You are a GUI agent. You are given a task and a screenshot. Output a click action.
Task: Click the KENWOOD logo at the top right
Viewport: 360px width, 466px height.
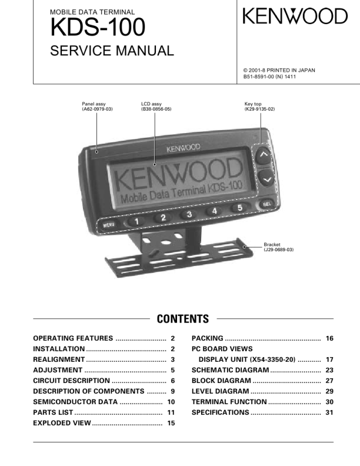tap(295, 17)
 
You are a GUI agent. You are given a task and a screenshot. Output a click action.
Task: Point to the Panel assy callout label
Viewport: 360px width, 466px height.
tap(97, 106)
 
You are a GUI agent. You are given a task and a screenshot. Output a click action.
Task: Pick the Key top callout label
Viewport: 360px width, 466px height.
tap(259, 106)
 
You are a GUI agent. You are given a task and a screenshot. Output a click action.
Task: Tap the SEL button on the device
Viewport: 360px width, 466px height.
tap(266, 204)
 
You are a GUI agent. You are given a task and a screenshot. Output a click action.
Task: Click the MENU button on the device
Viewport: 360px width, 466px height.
tap(109, 224)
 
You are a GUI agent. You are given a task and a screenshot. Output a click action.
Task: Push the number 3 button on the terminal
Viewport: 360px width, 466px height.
tap(189, 214)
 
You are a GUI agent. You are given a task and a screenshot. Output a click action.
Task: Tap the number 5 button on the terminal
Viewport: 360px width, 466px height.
tap(239, 208)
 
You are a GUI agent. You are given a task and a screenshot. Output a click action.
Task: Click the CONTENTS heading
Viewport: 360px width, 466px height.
tap(182, 319)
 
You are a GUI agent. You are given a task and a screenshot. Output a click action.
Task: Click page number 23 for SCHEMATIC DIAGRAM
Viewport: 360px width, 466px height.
tap(329, 370)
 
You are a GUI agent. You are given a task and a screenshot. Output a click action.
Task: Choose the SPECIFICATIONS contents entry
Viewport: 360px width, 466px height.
tap(220, 412)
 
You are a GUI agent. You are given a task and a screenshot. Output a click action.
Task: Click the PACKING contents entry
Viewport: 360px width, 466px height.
tap(207, 338)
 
